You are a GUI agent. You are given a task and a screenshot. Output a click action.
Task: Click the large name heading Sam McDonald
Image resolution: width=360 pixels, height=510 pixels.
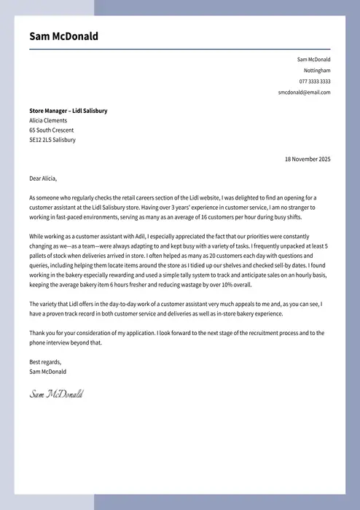(64, 36)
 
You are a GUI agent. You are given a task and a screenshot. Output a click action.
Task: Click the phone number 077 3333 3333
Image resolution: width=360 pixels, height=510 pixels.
(315, 82)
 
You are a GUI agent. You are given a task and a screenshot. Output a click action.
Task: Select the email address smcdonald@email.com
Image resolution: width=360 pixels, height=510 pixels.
(304, 93)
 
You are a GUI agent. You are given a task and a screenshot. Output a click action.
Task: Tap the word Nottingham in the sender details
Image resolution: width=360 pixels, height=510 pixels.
(317, 71)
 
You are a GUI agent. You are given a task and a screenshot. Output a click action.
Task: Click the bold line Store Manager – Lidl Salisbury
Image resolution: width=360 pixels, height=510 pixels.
(68, 111)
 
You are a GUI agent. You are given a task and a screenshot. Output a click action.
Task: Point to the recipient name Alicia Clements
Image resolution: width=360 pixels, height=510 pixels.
(48, 120)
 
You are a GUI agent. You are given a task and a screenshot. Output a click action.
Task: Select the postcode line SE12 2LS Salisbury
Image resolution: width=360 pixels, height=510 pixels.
(52, 140)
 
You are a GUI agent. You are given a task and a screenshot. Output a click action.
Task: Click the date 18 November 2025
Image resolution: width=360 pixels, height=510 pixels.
(307, 159)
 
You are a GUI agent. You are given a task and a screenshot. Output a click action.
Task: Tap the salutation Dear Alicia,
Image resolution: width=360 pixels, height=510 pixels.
(43, 178)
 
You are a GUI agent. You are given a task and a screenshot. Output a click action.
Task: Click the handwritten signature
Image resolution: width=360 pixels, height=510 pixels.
(56, 394)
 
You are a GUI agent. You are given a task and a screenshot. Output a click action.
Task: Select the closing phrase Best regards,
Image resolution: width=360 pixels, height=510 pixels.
(45, 362)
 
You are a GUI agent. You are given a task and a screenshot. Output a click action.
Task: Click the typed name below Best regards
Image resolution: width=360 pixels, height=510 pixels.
(47, 372)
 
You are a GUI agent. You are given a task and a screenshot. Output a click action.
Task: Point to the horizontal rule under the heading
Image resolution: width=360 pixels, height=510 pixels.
(179, 49)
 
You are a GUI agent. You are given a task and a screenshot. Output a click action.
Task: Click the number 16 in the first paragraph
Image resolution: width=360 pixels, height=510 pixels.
(205, 217)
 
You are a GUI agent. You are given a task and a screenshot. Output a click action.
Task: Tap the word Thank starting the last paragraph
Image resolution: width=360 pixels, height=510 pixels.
(37, 333)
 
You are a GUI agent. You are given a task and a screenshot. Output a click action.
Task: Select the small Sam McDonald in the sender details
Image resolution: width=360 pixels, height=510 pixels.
(313, 60)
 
